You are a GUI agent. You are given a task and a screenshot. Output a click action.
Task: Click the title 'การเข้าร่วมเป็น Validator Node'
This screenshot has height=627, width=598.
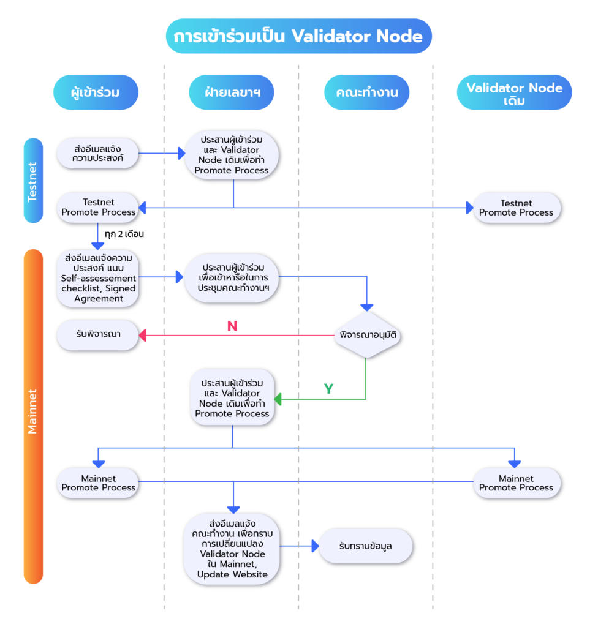298,36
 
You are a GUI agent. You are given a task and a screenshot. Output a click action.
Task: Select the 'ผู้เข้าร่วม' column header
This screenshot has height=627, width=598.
96,92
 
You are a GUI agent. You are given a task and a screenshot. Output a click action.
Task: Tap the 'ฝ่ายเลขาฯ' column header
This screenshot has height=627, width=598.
231,92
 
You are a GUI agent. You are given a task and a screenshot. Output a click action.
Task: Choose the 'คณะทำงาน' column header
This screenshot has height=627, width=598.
366,92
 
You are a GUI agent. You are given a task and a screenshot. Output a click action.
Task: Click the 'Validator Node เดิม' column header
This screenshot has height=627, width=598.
514,93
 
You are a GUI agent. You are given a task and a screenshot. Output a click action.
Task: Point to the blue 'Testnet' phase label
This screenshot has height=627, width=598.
33,181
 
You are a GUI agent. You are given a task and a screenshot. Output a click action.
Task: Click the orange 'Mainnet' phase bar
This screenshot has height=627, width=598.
33,416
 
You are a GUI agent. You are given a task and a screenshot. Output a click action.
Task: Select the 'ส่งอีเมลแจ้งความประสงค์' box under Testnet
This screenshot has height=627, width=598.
98,153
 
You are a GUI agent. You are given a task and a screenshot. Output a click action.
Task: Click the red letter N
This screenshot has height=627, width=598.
232,326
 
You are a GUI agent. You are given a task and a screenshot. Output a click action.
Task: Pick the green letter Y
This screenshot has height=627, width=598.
328,389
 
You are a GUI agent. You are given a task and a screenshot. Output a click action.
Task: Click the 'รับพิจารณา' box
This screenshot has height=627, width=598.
98,335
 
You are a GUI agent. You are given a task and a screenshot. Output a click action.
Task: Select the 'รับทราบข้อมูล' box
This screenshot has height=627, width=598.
366,546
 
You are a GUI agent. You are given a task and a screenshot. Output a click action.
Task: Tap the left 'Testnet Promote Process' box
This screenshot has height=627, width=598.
98,208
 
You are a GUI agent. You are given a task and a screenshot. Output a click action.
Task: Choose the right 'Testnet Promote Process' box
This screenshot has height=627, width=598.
516,208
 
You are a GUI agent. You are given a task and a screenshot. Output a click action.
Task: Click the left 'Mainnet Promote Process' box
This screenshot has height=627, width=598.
98,483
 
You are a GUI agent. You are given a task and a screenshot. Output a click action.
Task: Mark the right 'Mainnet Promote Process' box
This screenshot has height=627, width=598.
516,483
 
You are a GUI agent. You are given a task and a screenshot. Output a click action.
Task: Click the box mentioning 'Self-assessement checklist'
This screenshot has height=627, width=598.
99,278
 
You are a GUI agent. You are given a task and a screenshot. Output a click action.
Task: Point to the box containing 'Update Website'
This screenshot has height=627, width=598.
232,549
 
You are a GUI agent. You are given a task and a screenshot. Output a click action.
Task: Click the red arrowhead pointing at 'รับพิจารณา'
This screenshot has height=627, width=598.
143,335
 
